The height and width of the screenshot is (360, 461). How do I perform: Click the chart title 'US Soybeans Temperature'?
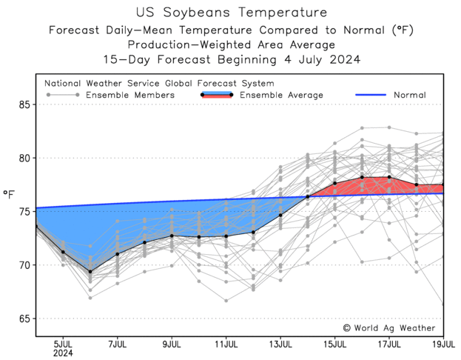[x=231, y=13]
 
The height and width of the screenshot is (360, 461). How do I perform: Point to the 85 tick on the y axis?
[x=25, y=104]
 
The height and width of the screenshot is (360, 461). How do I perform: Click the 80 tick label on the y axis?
[x=25, y=158]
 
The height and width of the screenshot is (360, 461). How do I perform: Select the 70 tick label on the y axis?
[x=25, y=265]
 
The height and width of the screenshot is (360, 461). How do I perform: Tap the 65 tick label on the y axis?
[x=25, y=319]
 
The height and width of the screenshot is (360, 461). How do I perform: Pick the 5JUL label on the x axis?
[x=63, y=344]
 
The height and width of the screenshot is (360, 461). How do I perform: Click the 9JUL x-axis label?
[x=172, y=344]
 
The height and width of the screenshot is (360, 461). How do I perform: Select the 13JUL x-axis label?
[x=280, y=344]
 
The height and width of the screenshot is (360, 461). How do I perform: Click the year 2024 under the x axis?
[x=63, y=353]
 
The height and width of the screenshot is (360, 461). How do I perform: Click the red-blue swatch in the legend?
[x=217, y=95]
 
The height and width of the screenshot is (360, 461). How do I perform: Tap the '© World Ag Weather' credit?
[x=389, y=327]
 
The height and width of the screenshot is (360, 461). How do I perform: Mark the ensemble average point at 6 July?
[x=90, y=272]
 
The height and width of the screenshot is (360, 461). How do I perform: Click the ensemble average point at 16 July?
[x=362, y=177]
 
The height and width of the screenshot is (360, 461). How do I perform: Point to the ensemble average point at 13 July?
[x=280, y=215]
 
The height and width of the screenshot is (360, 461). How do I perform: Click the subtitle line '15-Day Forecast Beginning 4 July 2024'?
[x=231, y=59]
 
